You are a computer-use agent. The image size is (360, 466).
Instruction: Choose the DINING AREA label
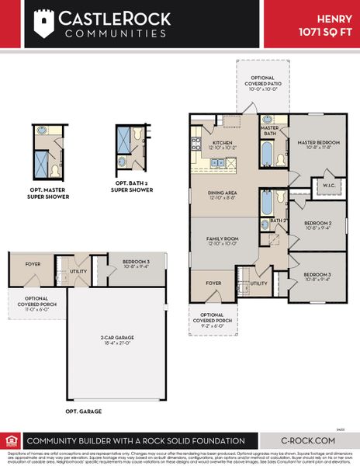[x=222, y=194]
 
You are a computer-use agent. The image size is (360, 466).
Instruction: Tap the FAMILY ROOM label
[x=222, y=242]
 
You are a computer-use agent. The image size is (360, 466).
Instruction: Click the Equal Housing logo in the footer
[x=10, y=440]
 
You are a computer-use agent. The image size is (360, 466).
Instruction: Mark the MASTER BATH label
[x=270, y=130]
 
